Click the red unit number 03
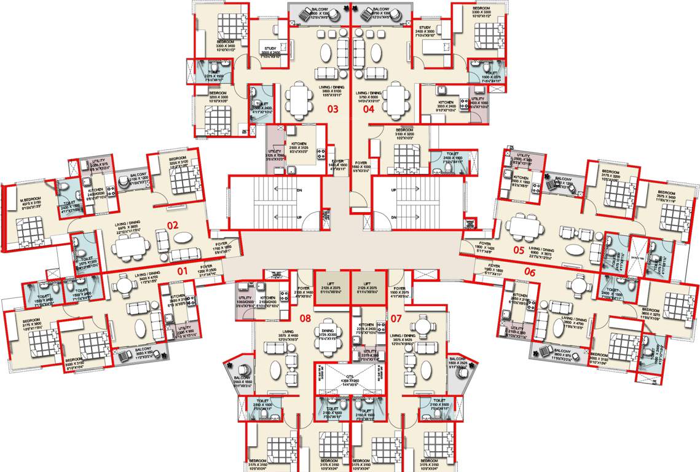(x=332, y=110)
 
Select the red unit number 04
(x=368, y=110)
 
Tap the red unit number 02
(x=173, y=226)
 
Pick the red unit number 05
(x=519, y=250)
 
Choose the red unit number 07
(x=396, y=318)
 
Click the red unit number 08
(x=305, y=318)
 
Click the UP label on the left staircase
(x=299, y=218)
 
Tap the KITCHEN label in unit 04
(x=446, y=102)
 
